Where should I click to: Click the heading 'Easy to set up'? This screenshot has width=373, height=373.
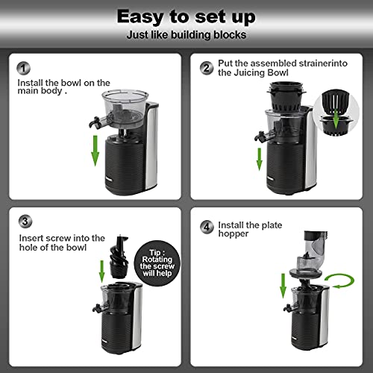tap(186, 16)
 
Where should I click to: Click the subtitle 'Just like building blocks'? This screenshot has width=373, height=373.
tap(186, 34)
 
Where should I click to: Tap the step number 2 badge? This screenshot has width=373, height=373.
tap(206, 66)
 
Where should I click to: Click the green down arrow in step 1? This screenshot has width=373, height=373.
tap(95, 147)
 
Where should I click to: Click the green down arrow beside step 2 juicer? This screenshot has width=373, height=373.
tap(259, 158)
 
